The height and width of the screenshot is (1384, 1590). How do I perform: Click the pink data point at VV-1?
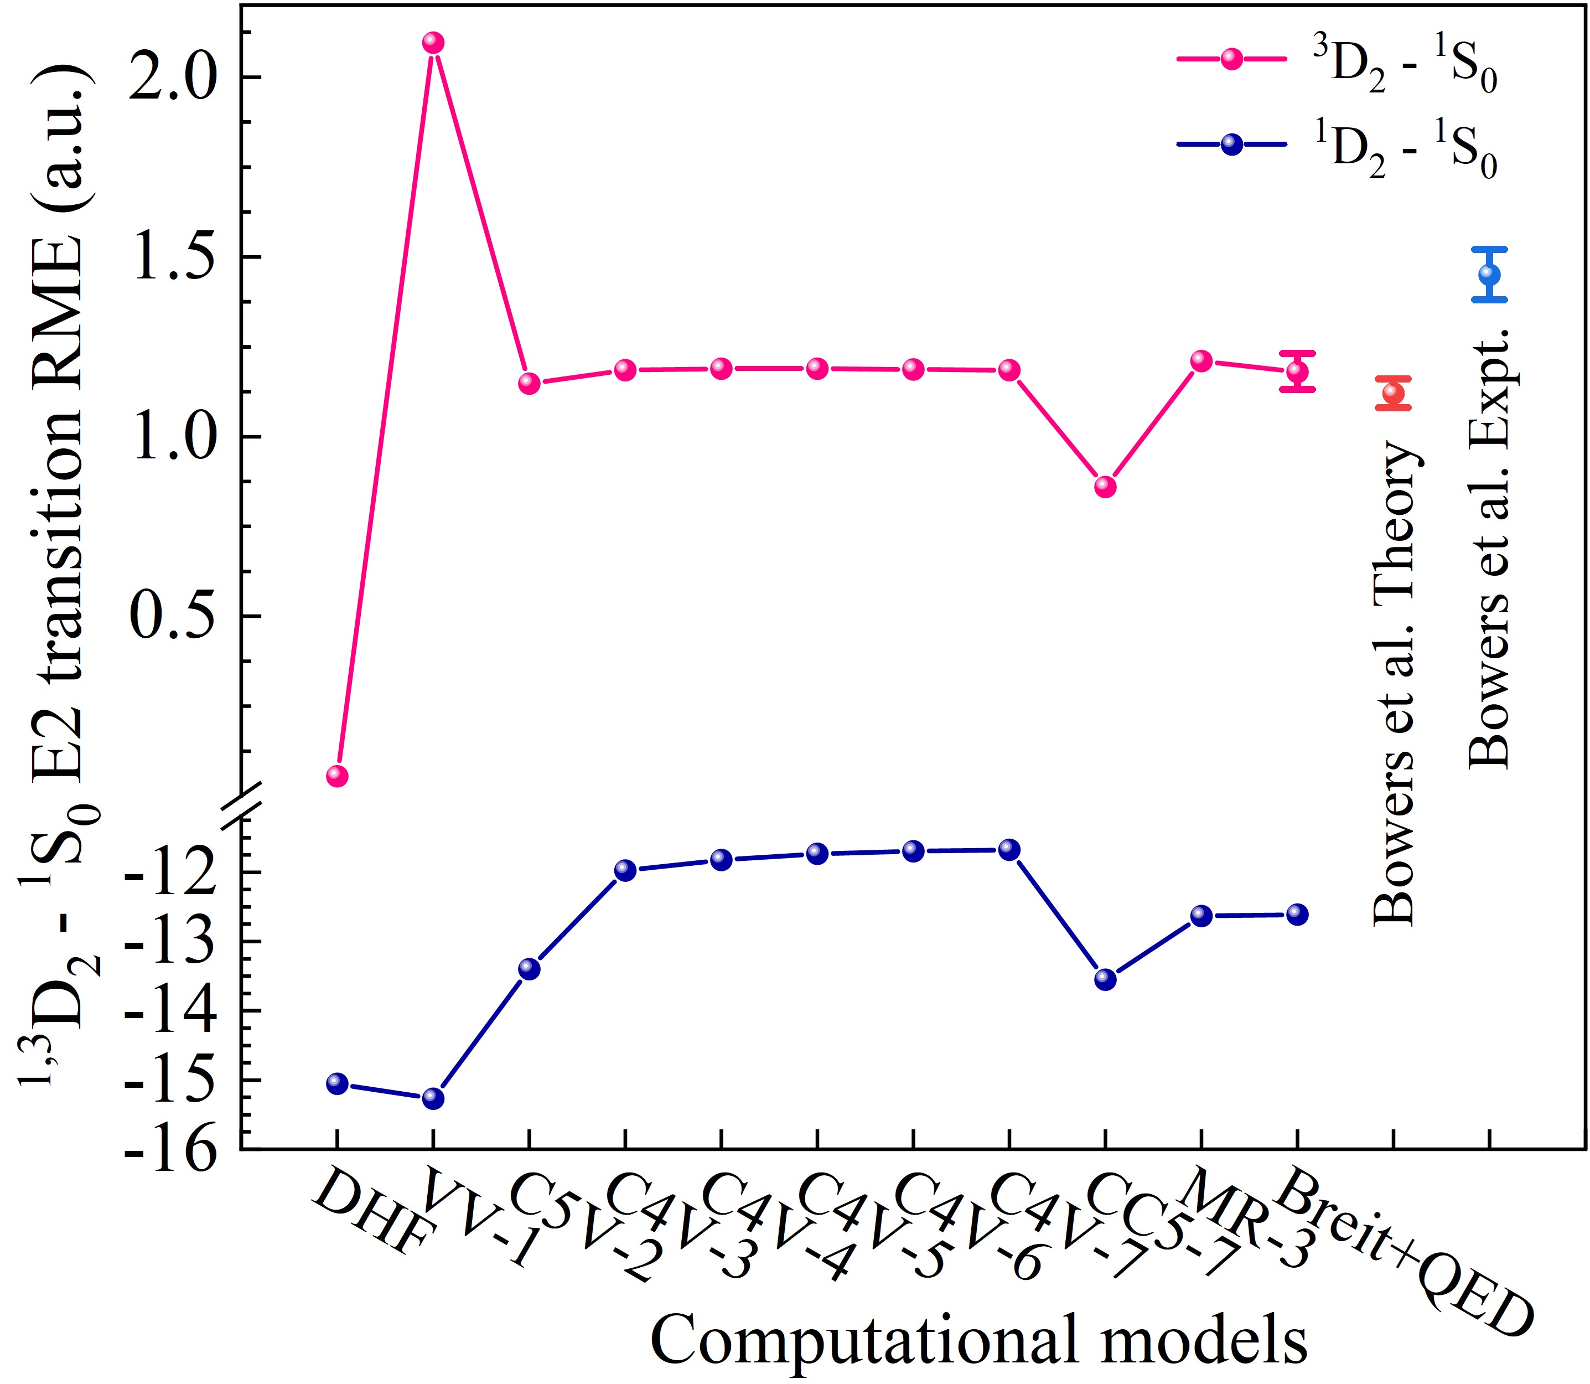coord(433,43)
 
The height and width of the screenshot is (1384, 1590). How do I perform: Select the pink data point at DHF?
coord(336,776)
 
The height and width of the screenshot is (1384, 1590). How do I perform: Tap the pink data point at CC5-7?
coord(1105,487)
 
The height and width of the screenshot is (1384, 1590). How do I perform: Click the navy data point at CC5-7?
coord(1105,979)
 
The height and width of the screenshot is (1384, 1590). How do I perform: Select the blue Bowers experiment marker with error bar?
coord(1490,274)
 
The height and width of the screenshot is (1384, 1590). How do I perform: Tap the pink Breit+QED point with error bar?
coord(1297,371)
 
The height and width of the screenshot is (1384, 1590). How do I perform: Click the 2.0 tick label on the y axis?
coord(172,78)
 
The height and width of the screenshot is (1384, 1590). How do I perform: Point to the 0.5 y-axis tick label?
coord(172,616)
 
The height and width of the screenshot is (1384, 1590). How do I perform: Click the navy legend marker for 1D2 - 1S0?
coord(1232,144)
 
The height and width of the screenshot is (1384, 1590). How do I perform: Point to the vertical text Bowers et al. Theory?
coord(1395,684)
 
